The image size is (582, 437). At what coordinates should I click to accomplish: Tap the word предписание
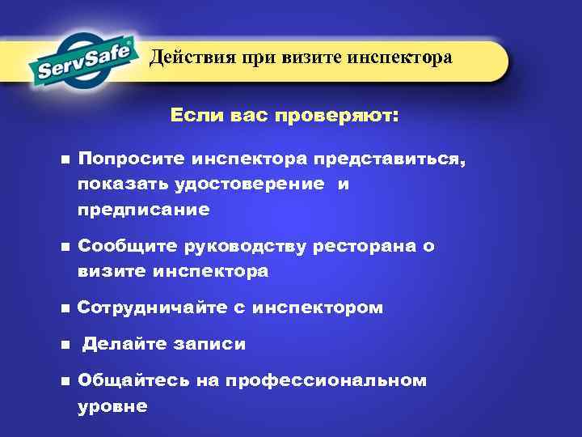pos(144,210)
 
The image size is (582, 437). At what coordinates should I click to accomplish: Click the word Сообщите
pos(122,246)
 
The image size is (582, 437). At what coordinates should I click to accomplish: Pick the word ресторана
pos(364,246)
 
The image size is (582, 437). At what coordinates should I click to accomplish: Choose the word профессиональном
pos(327,380)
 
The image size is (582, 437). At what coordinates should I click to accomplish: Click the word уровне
pos(112,405)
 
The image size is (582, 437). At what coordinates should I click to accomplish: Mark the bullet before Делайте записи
pos(64,345)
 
